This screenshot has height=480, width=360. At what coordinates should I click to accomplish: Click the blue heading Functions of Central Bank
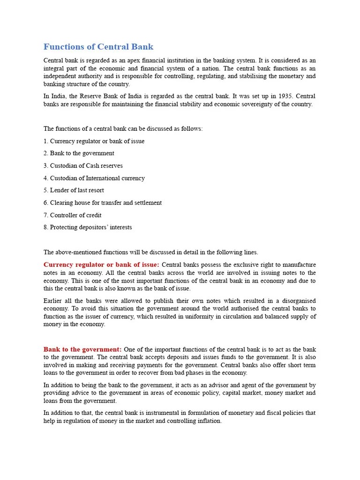(x=98, y=47)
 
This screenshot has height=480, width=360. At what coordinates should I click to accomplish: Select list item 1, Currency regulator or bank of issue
(x=94, y=141)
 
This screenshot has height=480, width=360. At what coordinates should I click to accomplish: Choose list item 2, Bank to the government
(x=79, y=153)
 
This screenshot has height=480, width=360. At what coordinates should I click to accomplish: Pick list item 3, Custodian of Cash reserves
(x=83, y=165)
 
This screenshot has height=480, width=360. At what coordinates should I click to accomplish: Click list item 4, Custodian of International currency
(x=94, y=178)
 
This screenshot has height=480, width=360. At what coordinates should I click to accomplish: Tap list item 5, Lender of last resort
(x=74, y=190)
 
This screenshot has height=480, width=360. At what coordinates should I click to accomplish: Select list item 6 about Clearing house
(x=102, y=202)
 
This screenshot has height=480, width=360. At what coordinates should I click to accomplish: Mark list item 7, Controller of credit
(x=72, y=215)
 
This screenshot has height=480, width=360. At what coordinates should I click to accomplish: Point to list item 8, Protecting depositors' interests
(x=88, y=227)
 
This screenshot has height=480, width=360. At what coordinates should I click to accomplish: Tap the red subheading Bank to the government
(x=82, y=349)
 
